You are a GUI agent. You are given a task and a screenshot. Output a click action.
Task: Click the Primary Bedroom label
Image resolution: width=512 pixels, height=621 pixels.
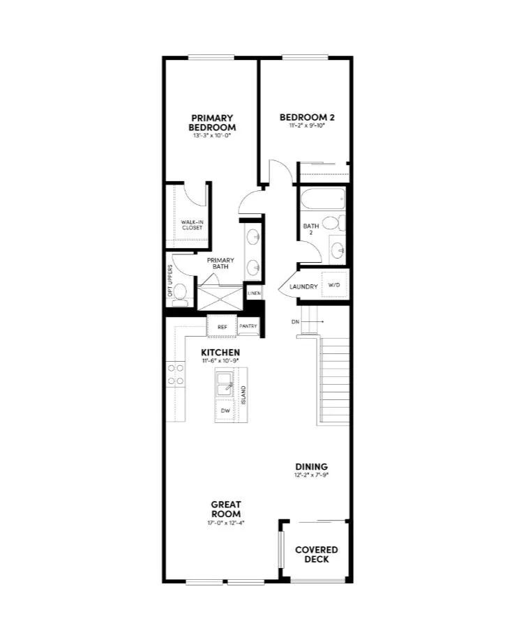(x=212, y=123)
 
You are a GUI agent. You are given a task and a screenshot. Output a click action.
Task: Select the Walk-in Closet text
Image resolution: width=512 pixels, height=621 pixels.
(x=192, y=225)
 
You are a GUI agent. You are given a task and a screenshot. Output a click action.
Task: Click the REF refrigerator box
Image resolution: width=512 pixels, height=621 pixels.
(x=223, y=326)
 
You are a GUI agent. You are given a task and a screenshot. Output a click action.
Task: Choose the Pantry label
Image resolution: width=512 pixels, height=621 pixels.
(x=248, y=326)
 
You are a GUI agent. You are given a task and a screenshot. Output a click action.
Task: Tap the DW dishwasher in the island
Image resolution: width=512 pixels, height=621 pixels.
(x=225, y=411)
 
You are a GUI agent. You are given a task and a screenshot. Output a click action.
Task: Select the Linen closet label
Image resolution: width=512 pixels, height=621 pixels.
(x=254, y=293)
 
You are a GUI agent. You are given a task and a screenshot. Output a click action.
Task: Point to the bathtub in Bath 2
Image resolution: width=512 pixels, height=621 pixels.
(x=322, y=201)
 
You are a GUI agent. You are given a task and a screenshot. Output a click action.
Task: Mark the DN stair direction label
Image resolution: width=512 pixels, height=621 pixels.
(x=296, y=321)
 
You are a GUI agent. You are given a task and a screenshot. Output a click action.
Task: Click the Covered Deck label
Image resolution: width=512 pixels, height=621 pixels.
(x=316, y=554)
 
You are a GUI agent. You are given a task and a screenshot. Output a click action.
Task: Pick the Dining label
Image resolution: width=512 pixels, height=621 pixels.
(x=311, y=467)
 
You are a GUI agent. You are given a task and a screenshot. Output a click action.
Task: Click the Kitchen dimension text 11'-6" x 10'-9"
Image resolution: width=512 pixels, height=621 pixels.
(x=221, y=361)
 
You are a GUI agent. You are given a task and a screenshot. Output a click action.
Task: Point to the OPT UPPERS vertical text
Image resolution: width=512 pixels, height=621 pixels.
(x=170, y=280)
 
